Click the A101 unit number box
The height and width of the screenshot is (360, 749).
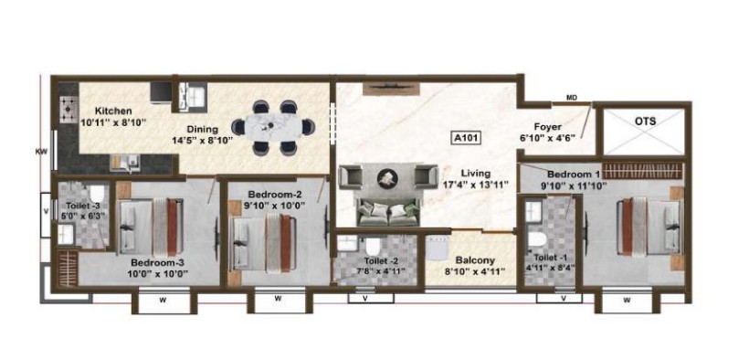(x=466, y=138)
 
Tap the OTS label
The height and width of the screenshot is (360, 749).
(x=645, y=122)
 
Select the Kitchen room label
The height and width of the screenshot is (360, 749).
(x=112, y=111)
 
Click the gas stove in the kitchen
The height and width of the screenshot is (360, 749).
(x=69, y=111)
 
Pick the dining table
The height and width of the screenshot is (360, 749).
(x=274, y=127)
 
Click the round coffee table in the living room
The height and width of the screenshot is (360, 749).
(x=387, y=178)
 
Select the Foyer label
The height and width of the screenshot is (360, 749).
(x=547, y=127)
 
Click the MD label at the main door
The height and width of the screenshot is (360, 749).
(x=572, y=98)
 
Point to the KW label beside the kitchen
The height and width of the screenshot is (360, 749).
(x=40, y=153)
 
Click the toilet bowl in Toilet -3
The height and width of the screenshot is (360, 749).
(x=97, y=194)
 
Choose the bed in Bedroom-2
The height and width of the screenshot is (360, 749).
(x=263, y=242)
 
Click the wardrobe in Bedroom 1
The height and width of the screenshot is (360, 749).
(x=641, y=172)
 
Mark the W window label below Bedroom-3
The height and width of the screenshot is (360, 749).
(x=163, y=301)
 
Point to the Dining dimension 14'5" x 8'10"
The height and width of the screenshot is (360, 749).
(x=203, y=140)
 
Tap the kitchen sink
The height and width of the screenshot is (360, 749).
(x=123, y=163)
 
